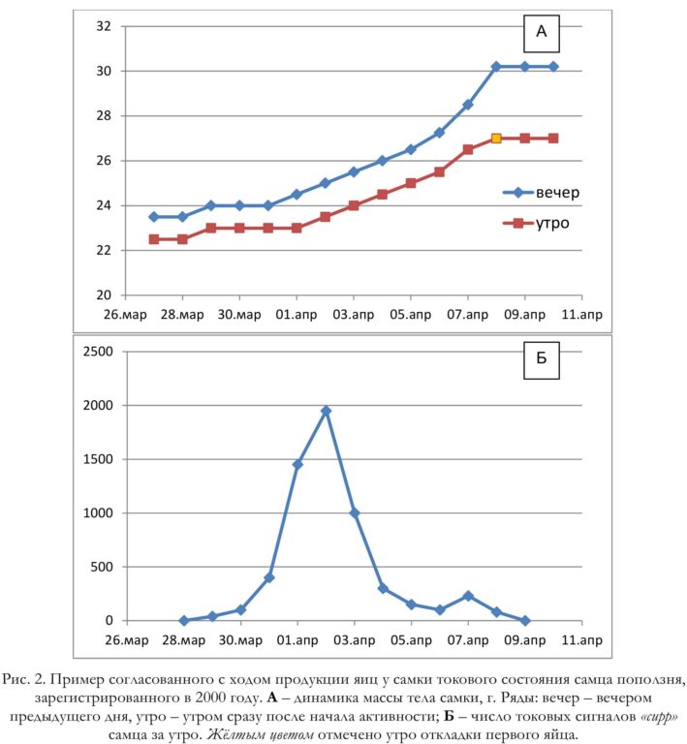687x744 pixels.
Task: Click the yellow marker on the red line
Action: (496, 139)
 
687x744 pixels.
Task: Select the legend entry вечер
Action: (542, 193)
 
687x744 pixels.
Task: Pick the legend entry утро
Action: (536, 223)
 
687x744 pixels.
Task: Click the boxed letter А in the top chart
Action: (542, 33)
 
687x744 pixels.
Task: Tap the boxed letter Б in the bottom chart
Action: (542, 359)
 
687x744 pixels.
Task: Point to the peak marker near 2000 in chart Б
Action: (326, 411)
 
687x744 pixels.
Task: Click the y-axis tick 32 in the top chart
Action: (104, 26)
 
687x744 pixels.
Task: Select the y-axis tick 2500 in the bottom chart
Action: (98, 352)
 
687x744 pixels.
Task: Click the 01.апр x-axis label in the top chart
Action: (297, 315)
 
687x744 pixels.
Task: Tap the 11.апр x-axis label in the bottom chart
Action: (581, 640)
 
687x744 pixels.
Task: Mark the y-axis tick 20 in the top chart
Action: (104, 295)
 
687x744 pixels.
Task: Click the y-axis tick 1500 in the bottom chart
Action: (98, 459)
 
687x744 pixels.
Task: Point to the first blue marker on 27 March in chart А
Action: (154, 217)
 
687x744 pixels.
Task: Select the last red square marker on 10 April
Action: (553, 139)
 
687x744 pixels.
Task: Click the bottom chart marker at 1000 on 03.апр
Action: (355, 512)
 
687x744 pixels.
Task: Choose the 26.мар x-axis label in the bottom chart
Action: (127, 640)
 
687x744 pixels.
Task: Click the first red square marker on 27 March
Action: (154, 239)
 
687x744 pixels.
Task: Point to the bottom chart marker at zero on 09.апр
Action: (525, 621)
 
